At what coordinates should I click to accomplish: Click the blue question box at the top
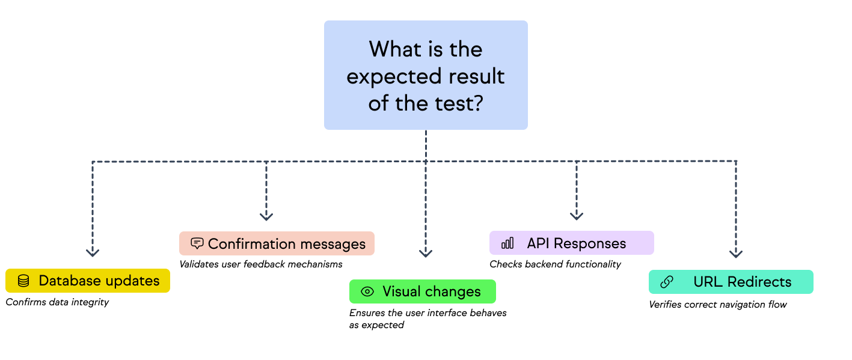click(426, 75)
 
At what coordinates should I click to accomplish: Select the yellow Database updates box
click(88, 281)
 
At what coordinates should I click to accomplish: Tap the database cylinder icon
click(23, 281)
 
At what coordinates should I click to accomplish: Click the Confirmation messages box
click(277, 243)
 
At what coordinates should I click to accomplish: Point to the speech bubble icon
click(197, 243)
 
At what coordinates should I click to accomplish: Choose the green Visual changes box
click(422, 291)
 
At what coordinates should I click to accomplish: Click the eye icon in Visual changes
click(367, 291)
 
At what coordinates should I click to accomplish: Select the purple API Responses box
click(571, 243)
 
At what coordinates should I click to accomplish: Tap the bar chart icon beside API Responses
click(507, 243)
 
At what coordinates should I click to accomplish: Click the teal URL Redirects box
click(731, 282)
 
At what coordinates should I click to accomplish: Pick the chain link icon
click(666, 282)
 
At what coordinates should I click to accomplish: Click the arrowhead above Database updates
click(92, 252)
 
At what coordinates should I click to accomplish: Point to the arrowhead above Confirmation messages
click(266, 216)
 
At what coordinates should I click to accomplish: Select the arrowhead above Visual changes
click(426, 253)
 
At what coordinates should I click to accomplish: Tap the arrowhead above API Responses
click(577, 216)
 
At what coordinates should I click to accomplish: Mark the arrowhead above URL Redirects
click(736, 254)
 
